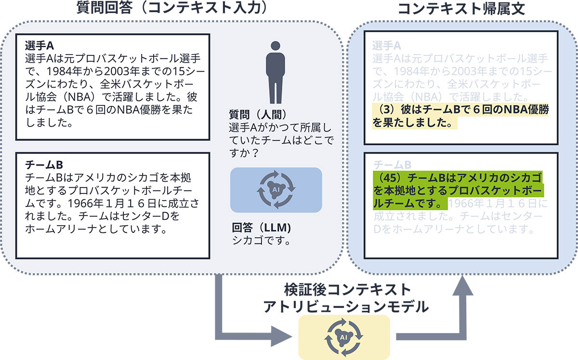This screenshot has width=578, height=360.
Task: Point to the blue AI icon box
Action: tap(276, 190)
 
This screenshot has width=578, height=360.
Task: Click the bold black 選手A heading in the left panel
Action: tap(39, 46)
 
